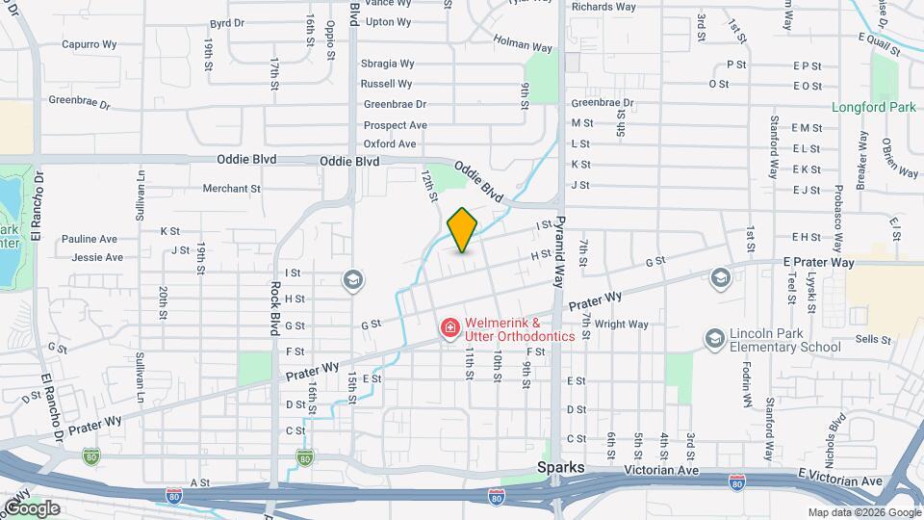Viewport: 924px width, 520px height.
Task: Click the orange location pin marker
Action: [x=463, y=229]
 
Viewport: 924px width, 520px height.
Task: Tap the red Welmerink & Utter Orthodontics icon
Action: [x=449, y=329]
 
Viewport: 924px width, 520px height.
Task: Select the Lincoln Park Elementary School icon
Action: [x=714, y=338]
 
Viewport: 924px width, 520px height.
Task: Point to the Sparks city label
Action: [x=560, y=467]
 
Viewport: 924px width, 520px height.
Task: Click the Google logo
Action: [x=31, y=507]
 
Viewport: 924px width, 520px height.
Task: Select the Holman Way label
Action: [x=523, y=42]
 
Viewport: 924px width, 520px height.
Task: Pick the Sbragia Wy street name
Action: [x=387, y=64]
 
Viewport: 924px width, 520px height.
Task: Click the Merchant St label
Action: [x=231, y=190]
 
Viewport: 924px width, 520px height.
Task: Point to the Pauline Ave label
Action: [x=89, y=239]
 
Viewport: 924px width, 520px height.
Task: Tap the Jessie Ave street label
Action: [x=97, y=257]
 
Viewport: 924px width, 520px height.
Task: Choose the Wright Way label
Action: [x=621, y=325]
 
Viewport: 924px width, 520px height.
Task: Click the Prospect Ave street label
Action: [x=395, y=125]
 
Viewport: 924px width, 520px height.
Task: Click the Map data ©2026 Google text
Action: [x=863, y=512]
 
